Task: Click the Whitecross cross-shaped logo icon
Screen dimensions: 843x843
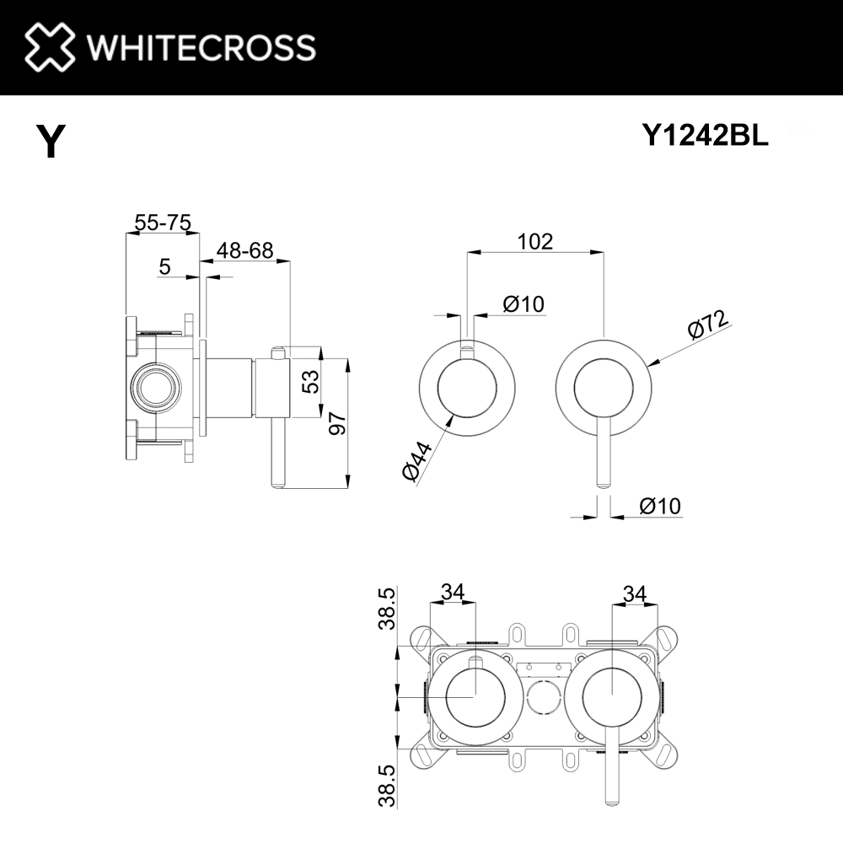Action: [50, 46]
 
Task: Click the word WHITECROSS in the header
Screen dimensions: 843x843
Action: [201, 47]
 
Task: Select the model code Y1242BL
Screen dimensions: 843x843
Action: [706, 135]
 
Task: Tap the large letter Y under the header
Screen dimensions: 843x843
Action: [51, 141]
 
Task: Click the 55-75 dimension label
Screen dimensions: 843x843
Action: [163, 222]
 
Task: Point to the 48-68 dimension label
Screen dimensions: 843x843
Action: [244, 250]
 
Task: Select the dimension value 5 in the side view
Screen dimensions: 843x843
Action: [164, 266]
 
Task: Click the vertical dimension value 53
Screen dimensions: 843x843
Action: [311, 382]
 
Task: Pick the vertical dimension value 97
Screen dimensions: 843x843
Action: [338, 423]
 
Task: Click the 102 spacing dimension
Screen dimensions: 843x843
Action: [535, 241]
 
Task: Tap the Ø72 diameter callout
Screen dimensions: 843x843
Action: [709, 325]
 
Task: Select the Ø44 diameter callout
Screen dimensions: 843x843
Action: [416, 461]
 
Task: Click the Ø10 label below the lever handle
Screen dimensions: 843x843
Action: [660, 506]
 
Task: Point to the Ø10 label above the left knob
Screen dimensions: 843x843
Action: [524, 304]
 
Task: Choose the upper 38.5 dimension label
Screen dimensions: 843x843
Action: [387, 609]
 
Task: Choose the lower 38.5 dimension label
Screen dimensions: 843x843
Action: [387, 786]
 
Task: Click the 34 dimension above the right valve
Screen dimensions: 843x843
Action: [635, 594]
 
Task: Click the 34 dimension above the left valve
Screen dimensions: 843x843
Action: [453, 592]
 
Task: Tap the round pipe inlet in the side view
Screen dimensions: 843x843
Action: [157, 387]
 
